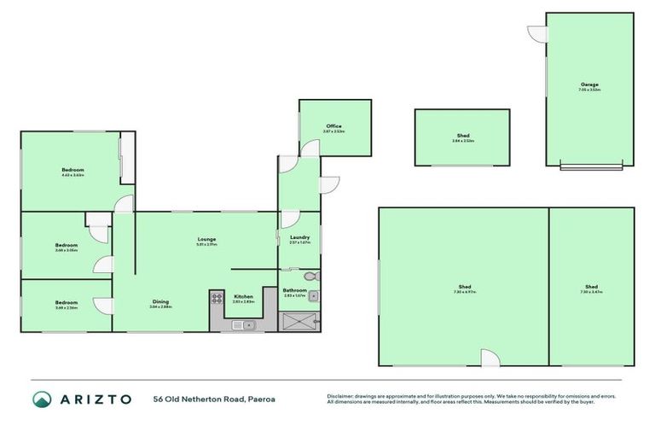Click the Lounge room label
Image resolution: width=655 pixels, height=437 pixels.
click(x=206, y=239)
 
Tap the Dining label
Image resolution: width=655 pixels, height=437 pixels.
click(x=160, y=301)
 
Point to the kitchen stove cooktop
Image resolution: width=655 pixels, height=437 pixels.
click(x=216, y=298)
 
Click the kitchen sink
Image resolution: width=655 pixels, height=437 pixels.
click(x=248, y=323)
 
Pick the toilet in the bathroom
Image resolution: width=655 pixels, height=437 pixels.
click(x=310, y=277)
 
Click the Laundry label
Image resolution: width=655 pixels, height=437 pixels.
click(x=299, y=237)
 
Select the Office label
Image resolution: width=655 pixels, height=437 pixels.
click(x=333, y=126)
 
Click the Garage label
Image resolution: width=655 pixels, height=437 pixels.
click(x=590, y=84)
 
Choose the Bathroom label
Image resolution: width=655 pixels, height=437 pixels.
click(x=295, y=290)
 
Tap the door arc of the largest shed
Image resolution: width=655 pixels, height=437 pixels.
click(x=490, y=358)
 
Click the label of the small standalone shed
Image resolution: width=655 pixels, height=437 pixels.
click(x=462, y=136)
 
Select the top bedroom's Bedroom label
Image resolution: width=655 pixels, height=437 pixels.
click(x=72, y=170)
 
